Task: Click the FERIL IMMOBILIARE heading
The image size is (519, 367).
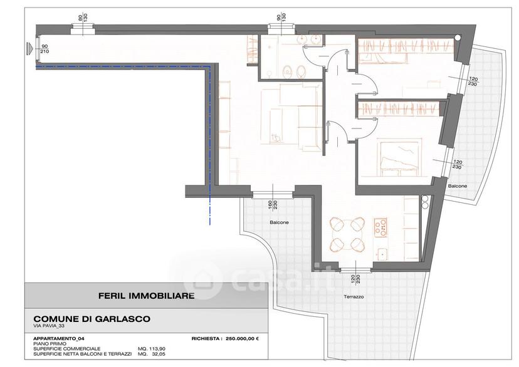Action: [x=146, y=296]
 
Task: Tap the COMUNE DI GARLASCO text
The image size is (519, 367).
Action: [x=92, y=319]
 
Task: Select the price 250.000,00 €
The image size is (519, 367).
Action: [x=243, y=339]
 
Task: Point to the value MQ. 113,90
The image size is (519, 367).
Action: [x=151, y=349]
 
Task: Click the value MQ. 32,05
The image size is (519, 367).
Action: [x=151, y=354]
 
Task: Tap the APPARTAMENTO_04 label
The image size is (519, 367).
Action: [x=56, y=339]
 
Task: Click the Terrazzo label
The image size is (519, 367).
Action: [x=354, y=297]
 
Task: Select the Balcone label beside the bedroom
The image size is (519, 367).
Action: [x=458, y=186]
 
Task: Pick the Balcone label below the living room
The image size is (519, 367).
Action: [x=279, y=222]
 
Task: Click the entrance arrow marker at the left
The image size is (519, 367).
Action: [x=30, y=48]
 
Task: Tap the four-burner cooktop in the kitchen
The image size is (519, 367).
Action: [x=380, y=227]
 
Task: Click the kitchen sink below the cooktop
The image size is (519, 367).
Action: [x=382, y=254]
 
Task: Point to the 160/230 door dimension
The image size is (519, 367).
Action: [x=273, y=205]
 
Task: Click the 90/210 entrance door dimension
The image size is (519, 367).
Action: [x=45, y=49]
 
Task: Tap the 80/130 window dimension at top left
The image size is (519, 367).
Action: [x=82, y=17]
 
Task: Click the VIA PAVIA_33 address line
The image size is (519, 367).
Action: [x=49, y=326]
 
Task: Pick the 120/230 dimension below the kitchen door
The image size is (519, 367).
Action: [x=355, y=279]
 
